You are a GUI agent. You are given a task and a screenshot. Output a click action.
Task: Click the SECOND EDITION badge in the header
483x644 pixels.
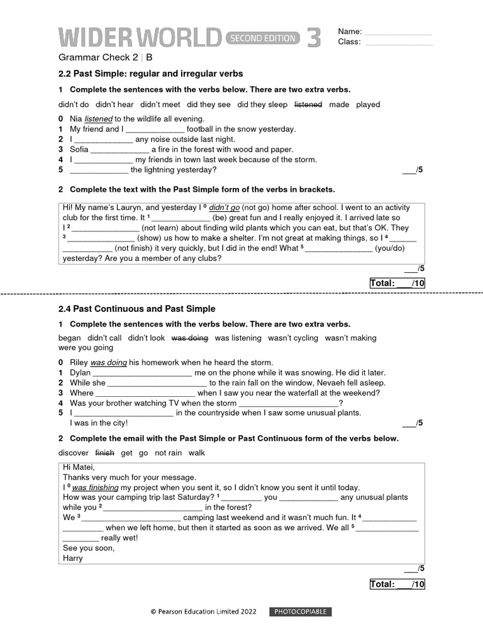click(x=262, y=38)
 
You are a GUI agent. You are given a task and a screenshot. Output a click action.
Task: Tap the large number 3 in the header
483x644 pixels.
click(x=314, y=38)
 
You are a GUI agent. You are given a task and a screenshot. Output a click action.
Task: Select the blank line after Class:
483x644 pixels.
click(x=398, y=43)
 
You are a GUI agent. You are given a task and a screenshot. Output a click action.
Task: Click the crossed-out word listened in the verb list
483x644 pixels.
click(x=308, y=104)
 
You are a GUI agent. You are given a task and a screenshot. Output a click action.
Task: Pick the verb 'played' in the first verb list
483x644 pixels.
click(x=368, y=104)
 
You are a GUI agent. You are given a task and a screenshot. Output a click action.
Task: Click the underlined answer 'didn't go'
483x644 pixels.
click(x=224, y=208)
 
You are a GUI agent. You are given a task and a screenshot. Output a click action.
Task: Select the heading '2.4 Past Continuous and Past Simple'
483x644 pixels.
click(x=136, y=309)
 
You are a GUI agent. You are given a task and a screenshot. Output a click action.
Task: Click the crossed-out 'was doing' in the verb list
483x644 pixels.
click(x=189, y=338)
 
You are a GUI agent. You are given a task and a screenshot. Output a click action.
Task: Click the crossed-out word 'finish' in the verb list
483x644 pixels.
click(x=104, y=453)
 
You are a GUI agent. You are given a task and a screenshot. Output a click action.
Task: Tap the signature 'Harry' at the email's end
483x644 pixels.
click(x=73, y=558)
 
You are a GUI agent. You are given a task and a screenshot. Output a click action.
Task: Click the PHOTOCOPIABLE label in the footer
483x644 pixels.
click(x=301, y=612)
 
